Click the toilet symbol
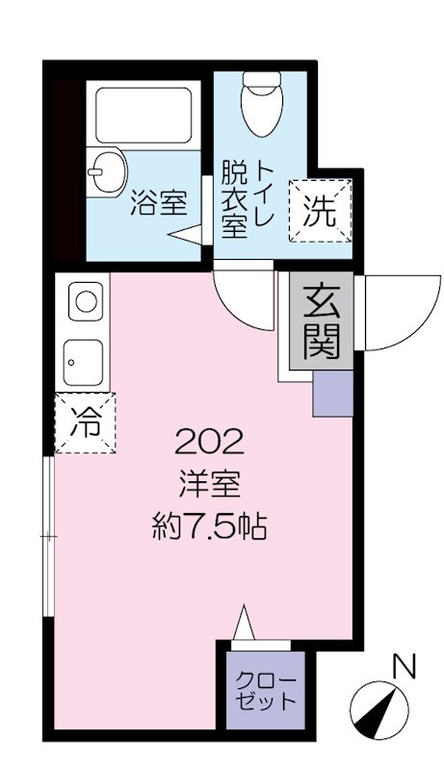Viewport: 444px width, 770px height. coord(259,107)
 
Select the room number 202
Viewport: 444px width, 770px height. coord(209,442)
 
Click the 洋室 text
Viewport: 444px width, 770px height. coord(209,484)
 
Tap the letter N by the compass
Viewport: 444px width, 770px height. coord(407,664)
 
